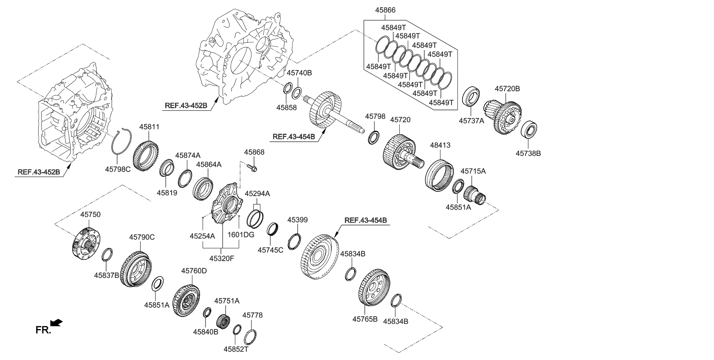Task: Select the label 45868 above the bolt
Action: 254,152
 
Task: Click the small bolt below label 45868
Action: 252,169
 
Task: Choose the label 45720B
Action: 507,89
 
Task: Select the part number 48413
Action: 440,145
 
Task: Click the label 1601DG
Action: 241,235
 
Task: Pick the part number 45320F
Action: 222,257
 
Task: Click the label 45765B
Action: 365,318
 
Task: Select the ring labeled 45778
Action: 250,337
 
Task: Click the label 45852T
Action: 236,349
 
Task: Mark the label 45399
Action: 297,220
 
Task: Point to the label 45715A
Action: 473,171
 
